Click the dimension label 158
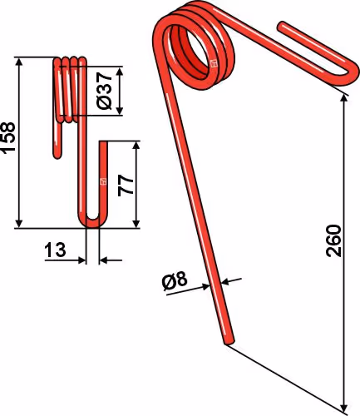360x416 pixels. coord(8,137)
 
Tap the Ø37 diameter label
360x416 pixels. coord(104,91)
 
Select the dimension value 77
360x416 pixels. coord(126,186)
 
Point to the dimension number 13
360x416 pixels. coord(55,250)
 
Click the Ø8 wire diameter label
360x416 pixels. coord(175,282)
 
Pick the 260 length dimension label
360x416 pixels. coord(333,240)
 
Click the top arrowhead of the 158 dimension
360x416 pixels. coord(19,62)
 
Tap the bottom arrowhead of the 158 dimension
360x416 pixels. coord(19,224)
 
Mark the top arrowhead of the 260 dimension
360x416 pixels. coord(344,98)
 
